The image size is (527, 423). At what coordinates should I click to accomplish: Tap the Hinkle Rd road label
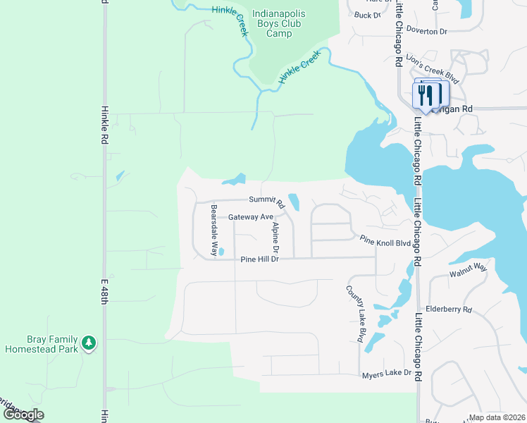point(104,125)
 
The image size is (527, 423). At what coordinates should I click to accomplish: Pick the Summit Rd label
point(265,201)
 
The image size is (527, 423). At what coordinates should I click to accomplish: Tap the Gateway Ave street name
point(250,217)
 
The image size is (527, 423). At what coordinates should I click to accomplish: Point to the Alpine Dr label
point(275,238)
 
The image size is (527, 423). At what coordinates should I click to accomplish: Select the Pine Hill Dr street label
point(260,259)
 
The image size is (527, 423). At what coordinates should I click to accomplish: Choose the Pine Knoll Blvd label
point(385,242)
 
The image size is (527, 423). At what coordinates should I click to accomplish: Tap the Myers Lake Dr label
point(385,373)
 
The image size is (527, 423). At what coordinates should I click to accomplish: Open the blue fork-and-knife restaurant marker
point(426,94)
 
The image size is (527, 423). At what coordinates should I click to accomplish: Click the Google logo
point(23,415)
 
